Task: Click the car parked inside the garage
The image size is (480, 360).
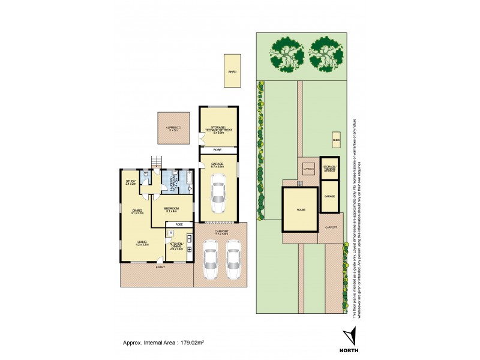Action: (x=217, y=193)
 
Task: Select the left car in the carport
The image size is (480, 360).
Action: (x=209, y=260)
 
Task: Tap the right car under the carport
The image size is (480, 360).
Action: (x=233, y=260)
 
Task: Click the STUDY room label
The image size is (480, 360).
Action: (x=130, y=181)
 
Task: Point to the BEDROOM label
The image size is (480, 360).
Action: (x=172, y=209)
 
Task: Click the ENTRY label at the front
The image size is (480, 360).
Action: (x=160, y=266)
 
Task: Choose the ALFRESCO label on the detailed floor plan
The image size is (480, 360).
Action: (x=173, y=128)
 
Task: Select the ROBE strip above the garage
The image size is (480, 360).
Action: (x=218, y=150)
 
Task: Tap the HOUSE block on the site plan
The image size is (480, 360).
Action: (x=300, y=209)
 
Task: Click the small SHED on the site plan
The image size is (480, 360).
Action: (x=336, y=142)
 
